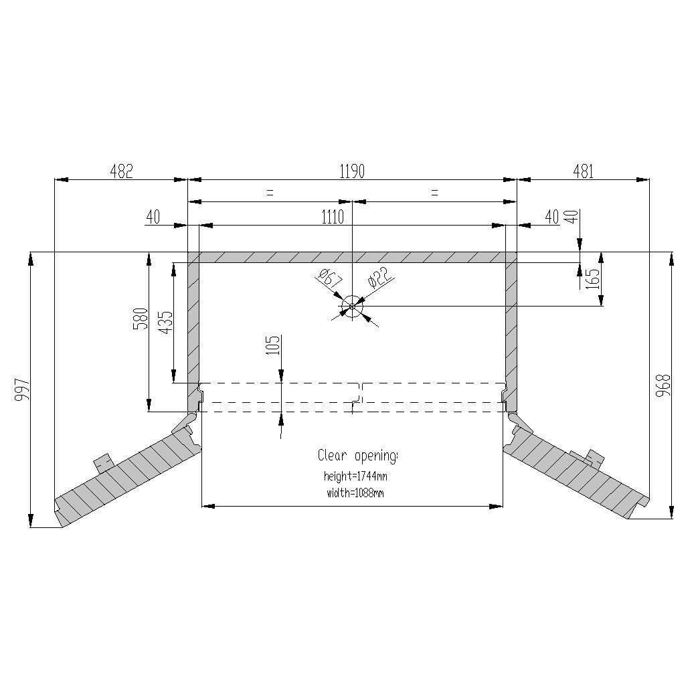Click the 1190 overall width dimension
point(352,171)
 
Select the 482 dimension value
point(121,171)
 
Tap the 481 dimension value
point(583,171)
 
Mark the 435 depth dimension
point(165,322)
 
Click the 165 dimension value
point(592,276)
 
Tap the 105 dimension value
point(272,347)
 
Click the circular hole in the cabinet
point(352,308)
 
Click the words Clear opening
point(357,456)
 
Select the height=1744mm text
point(355,477)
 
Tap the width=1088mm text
point(355,493)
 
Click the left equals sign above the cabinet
point(270,193)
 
